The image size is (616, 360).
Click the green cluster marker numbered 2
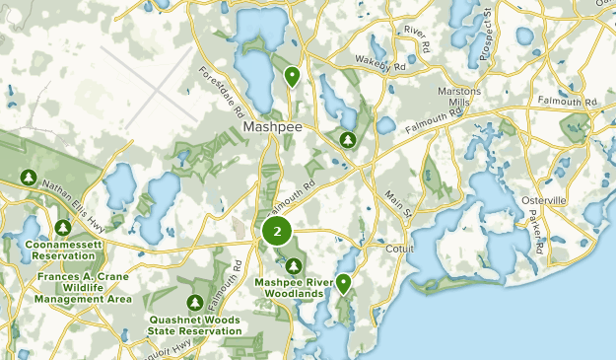click(x=277, y=233)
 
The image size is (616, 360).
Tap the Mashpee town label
click(x=271, y=129)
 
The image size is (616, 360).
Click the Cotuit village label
click(x=403, y=249)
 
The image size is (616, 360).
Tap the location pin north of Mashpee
click(x=293, y=75)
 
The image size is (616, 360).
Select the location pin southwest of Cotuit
click(x=343, y=284)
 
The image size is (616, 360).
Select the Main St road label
click(x=402, y=205)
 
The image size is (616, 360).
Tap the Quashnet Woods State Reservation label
click(x=195, y=324)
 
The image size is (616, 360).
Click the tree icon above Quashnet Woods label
click(x=195, y=302)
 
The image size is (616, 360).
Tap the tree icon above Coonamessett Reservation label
click(x=63, y=228)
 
